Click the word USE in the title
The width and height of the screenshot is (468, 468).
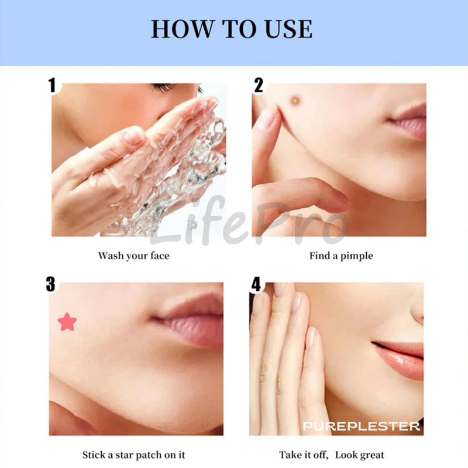click(x=288, y=29)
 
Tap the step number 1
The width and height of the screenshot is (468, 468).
click(x=53, y=85)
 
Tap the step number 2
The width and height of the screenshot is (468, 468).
click(x=259, y=85)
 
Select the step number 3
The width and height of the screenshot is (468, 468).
click(x=51, y=284)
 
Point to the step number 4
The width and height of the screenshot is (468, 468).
click(x=256, y=284)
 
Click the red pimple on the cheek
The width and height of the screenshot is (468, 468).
click(x=295, y=100)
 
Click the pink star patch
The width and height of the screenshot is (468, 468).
click(x=67, y=322)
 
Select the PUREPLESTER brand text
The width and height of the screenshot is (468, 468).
click(x=362, y=426)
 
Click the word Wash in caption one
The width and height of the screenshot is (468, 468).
click(x=111, y=256)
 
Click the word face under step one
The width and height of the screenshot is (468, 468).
click(x=160, y=256)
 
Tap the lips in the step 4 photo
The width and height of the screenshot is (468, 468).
click(x=398, y=360)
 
